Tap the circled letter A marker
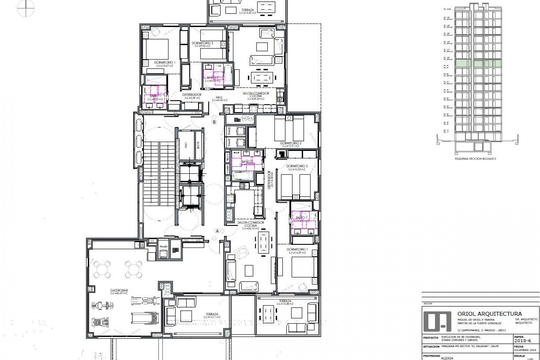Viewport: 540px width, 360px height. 217,231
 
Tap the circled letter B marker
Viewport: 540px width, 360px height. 214,122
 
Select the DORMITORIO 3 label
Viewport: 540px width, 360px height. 297,166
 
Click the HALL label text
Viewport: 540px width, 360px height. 219,97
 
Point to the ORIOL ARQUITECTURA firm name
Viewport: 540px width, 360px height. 489,314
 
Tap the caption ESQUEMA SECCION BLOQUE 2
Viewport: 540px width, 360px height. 475,159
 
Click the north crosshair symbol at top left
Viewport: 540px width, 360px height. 26,8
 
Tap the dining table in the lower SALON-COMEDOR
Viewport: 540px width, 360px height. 264,242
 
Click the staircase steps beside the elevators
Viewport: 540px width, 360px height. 159,174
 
